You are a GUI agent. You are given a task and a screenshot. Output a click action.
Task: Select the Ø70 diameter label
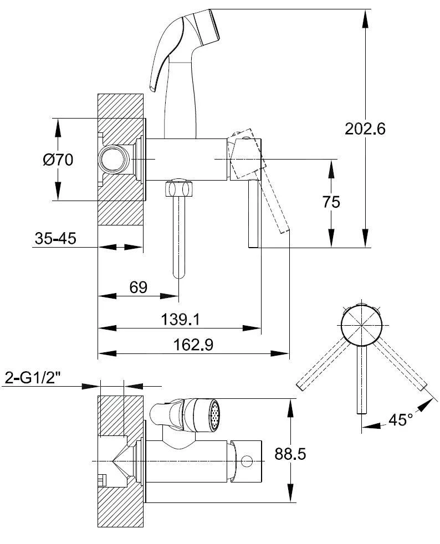[x=58, y=160]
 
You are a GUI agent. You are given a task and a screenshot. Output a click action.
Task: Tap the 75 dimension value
[x=331, y=202]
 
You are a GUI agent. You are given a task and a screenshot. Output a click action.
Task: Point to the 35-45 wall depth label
[x=55, y=238]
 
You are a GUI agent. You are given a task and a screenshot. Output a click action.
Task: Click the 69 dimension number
[x=139, y=287]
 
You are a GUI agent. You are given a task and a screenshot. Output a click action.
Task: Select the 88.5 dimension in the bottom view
[x=290, y=454]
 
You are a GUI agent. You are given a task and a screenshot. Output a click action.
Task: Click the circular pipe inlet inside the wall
[x=113, y=160]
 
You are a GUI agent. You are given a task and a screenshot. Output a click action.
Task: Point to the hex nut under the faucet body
[x=181, y=188]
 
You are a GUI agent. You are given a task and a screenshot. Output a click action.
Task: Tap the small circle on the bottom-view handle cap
[x=247, y=460]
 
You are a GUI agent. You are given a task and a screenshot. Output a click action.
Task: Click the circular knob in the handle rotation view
[x=361, y=325]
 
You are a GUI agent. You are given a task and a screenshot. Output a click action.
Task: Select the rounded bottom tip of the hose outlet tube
[x=179, y=274]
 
